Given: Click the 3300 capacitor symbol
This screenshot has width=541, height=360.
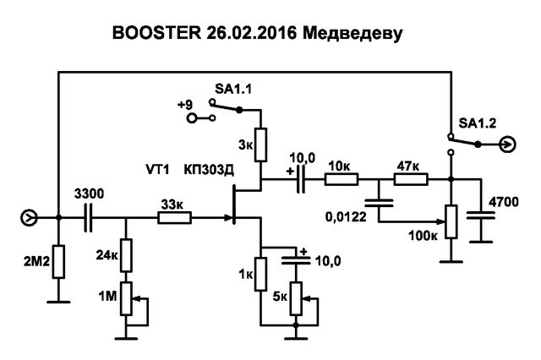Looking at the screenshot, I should point(90,218).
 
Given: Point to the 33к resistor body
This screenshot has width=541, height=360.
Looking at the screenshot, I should point(174,218).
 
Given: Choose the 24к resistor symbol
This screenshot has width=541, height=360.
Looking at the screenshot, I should point(126,254).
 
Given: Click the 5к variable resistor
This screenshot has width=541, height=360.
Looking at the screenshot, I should point(295,297).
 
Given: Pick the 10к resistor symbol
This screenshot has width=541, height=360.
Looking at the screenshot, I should point(342,179).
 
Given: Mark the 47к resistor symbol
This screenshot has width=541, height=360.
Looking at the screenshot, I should point(412,179).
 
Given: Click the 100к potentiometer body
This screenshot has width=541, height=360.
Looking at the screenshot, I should point(450,222).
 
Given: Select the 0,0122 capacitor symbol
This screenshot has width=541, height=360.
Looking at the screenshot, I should point(380,203).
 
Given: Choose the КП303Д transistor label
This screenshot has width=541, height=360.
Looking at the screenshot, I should point(210,170).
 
